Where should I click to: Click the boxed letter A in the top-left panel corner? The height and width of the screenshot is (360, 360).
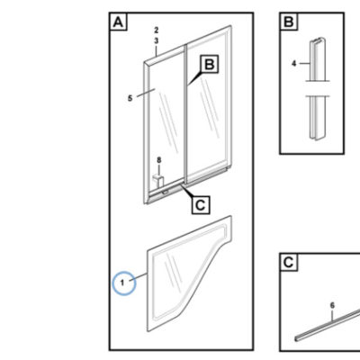(119, 22)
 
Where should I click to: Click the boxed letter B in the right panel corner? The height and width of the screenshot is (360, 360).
(289, 22)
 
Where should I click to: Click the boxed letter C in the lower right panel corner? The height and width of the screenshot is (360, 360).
(289, 262)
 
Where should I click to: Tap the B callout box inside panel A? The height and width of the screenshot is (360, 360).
(210, 64)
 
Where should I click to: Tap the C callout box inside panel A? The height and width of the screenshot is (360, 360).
(201, 205)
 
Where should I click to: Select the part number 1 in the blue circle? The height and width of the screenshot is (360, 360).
(122, 283)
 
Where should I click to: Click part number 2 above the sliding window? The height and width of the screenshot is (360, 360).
(157, 31)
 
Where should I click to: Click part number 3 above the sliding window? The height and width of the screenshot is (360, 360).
(157, 40)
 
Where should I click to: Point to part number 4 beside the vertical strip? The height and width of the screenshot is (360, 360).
(294, 64)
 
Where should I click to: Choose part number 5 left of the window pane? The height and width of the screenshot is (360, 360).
(130, 98)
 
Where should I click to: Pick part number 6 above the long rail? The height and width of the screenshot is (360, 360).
(332, 305)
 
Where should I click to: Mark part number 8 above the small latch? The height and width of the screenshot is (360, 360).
(159, 160)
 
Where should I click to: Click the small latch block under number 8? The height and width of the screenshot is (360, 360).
(157, 181)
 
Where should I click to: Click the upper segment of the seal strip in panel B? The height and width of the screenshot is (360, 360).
(317, 59)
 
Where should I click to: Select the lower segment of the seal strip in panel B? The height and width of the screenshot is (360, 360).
(317, 118)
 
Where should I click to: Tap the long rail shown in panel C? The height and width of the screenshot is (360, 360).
(328, 326)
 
